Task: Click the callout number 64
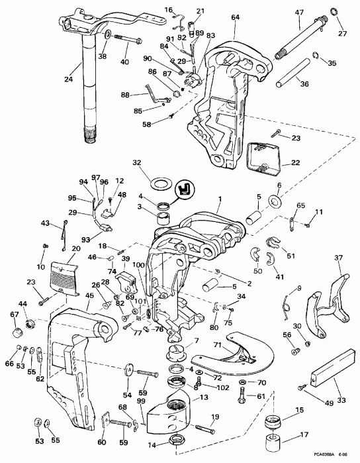pos(235,17)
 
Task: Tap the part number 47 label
pos(299,13)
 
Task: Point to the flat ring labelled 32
pos(161,184)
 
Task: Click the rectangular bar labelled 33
pos(332,366)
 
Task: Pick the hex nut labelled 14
pos(177,442)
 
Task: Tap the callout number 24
pos(68,79)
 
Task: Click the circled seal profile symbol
pos(185,188)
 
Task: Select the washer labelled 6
pos(275,201)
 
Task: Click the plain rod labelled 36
pos(293,73)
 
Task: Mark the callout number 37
pos(338,258)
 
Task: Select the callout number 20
pos(76,248)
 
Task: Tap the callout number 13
pos(204,397)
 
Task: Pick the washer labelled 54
pos(128,370)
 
